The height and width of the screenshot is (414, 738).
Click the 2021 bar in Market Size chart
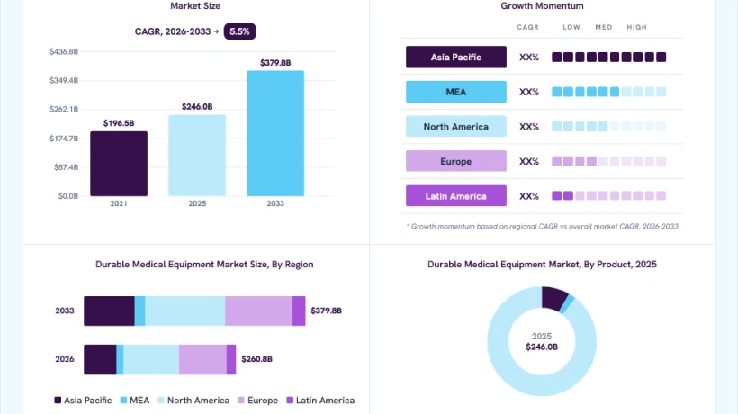(x=119, y=164)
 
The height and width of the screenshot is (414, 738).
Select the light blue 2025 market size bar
(x=197, y=155)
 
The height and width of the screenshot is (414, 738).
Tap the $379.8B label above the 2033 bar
(x=275, y=63)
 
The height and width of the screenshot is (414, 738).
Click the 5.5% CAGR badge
(x=239, y=31)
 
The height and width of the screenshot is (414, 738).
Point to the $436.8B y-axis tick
(x=64, y=52)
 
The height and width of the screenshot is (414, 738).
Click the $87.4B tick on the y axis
(x=66, y=167)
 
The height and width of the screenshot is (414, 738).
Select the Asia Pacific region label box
(x=456, y=57)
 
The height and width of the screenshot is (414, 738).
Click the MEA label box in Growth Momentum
(x=456, y=92)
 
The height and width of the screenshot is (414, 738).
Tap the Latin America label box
(x=456, y=195)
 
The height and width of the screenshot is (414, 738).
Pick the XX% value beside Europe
(x=529, y=161)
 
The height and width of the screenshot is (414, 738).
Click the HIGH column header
(x=637, y=27)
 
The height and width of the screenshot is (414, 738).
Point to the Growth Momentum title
(x=542, y=6)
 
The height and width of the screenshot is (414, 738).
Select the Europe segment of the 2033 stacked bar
(x=258, y=311)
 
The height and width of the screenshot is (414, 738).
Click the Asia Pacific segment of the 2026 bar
(x=100, y=359)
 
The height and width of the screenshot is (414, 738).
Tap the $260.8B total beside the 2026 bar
(x=257, y=359)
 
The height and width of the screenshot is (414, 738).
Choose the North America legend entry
(x=193, y=400)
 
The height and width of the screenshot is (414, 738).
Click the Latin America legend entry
(x=320, y=400)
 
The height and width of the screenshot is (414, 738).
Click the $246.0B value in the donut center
(x=542, y=347)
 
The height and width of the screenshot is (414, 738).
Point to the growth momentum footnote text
(x=542, y=226)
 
